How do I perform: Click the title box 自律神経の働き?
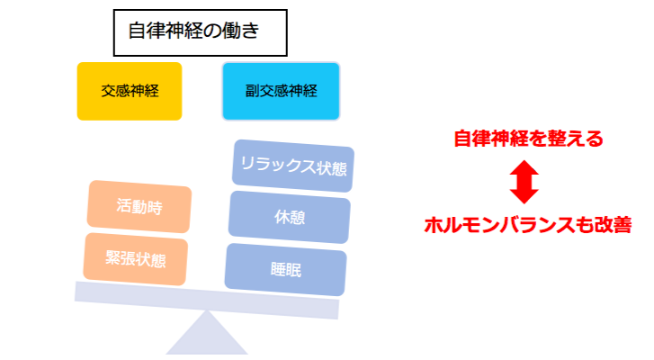[x=200, y=33]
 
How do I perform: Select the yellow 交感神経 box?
[x=130, y=91]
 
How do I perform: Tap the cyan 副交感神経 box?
[x=281, y=91]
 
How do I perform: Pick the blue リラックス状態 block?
[x=292, y=166]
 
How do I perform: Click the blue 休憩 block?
[x=289, y=217]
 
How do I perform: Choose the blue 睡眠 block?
[x=285, y=268]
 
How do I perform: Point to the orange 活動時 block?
[x=139, y=206]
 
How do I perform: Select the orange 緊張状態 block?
[x=135, y=259]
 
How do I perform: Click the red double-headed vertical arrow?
[x=524, y=181]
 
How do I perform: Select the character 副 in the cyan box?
[x=252, y=91]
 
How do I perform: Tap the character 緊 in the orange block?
[x=112, y=258]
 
